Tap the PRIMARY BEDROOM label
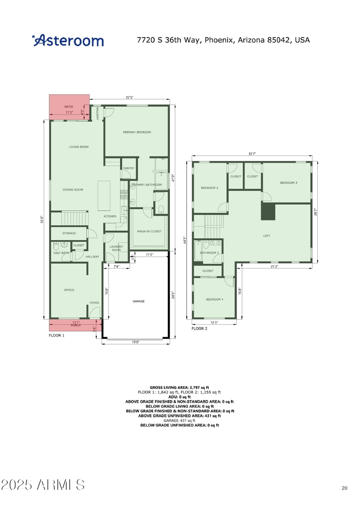click(x=137, y=133)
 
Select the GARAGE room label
click(x=138, y=301)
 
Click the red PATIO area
click(x=68, y=108)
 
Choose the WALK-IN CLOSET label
click(x=149, y=231)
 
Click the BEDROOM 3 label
click(x=288, y=183)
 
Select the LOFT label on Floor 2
click(x=266, y=235)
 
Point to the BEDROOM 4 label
click(x=214, y=299)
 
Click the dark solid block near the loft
click(x=268, y=211)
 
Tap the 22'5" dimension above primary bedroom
click(x=129, y=97)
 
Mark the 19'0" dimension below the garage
click(x=135, y=342)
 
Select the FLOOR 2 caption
click(x=199, y=329)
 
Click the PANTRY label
click(x=129, y=168)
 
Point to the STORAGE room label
click(x=69, y=233)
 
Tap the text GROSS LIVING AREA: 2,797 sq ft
click(x=180, y=387)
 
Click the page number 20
click(x=344, y=488)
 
